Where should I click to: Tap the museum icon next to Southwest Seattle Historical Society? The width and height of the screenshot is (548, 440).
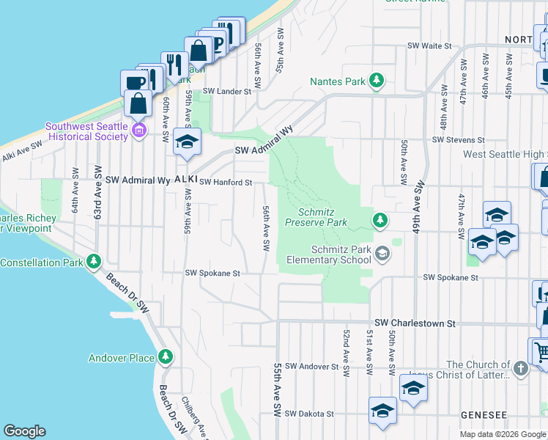[x=140, y=131]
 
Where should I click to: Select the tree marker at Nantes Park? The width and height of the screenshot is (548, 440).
[x=377, y=81]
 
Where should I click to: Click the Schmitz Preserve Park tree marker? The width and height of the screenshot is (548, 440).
[x=379, y=220]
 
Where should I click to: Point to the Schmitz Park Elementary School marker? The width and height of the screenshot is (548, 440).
[x=381, y=254]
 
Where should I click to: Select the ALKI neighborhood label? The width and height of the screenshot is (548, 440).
[x=186, y=180]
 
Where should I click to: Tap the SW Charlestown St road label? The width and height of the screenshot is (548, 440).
[x=415, y=323]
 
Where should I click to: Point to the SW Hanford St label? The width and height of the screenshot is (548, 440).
[x=226, y=182]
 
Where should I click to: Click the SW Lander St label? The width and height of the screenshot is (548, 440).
[x=226, y=92]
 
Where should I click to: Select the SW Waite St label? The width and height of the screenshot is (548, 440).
[x=429, y=45]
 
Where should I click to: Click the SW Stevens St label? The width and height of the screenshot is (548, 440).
[x=459, y=139]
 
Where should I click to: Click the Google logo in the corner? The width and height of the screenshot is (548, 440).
[x=24, y=431]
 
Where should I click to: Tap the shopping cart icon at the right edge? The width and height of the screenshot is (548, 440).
[x=540, y=351]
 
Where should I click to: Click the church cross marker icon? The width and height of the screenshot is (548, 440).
[x=520, y=368]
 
